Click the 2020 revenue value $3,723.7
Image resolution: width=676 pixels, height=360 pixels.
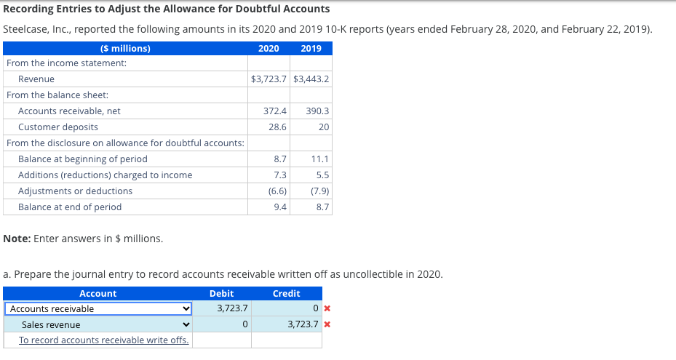269,79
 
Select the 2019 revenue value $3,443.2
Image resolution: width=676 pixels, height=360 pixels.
311,79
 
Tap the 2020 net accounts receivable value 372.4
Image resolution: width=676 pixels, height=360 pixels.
275,111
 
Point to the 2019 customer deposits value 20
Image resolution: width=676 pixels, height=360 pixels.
324,127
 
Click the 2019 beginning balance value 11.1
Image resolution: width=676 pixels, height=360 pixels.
320,159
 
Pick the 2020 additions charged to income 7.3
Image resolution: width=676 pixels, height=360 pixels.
280,175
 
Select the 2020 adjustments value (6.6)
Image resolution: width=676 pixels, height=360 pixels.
277,191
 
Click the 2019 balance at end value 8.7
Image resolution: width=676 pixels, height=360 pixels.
322,207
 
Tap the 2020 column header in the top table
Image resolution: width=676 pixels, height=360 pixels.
269,48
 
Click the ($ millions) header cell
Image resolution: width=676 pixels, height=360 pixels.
125,48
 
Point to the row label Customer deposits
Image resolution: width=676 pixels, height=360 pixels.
57,127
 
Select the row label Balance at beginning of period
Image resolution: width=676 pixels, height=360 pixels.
83,159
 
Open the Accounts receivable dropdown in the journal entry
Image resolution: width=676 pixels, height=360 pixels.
98,308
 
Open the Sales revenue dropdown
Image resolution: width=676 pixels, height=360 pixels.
98,324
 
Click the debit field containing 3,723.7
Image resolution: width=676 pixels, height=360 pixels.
222,308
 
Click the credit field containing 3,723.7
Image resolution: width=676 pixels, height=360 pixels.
287,324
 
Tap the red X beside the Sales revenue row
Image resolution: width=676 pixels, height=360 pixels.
327,324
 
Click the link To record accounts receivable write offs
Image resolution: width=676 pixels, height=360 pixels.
104,340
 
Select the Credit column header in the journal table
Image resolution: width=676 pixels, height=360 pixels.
286,294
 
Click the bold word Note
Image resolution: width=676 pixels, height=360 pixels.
17,239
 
